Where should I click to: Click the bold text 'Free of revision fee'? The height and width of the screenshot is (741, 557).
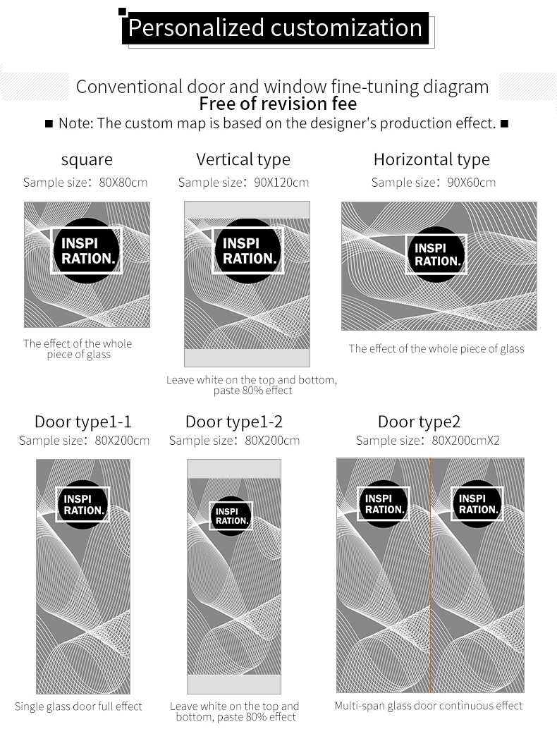pyautogui.click(x=278, y=104)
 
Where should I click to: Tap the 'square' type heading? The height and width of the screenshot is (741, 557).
pyautogui.click(x=87, y=160)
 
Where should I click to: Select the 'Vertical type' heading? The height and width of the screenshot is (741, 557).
pyautogui.click(x=243, y=160)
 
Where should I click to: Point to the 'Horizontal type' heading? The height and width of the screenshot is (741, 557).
pyautogui.click(x=431, y=160)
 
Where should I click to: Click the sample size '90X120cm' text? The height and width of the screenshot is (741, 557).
pyautogui.click(x=281, y=183)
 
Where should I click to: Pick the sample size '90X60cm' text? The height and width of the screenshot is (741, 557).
pyautogui.click(x=471, y=183)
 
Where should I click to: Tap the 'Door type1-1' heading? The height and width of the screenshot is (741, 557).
pyautogui.click(x=83, y=422)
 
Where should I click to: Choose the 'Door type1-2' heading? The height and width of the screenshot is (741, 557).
pyautogui.click(x=234, y=422)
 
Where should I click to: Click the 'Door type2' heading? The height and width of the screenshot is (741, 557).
pyautogui.click(x=419, y=422)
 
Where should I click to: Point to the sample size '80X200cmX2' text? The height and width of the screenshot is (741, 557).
pyautogui.click(x=465, y=441)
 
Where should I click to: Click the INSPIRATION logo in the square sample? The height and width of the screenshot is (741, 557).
pyautogui.click(x=87, y=250)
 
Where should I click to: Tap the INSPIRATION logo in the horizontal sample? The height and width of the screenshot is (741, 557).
pyautogui.click(x=436, y=255)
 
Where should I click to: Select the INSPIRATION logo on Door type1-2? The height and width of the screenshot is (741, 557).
pyautogui.click(x=231, y=516)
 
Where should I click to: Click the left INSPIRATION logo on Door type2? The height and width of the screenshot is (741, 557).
pyautogui.click(x=383, y=504)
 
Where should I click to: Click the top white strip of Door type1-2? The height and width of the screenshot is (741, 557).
pyautogui.click(x=234, y=469)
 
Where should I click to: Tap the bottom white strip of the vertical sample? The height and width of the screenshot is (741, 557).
pyautogui.click(x=247, y=357)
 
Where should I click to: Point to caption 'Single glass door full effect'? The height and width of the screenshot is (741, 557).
pyautogui.click(x=78, y=706)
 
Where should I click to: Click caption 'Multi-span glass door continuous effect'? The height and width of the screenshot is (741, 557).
pyautogui.click(x=429, y=706)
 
